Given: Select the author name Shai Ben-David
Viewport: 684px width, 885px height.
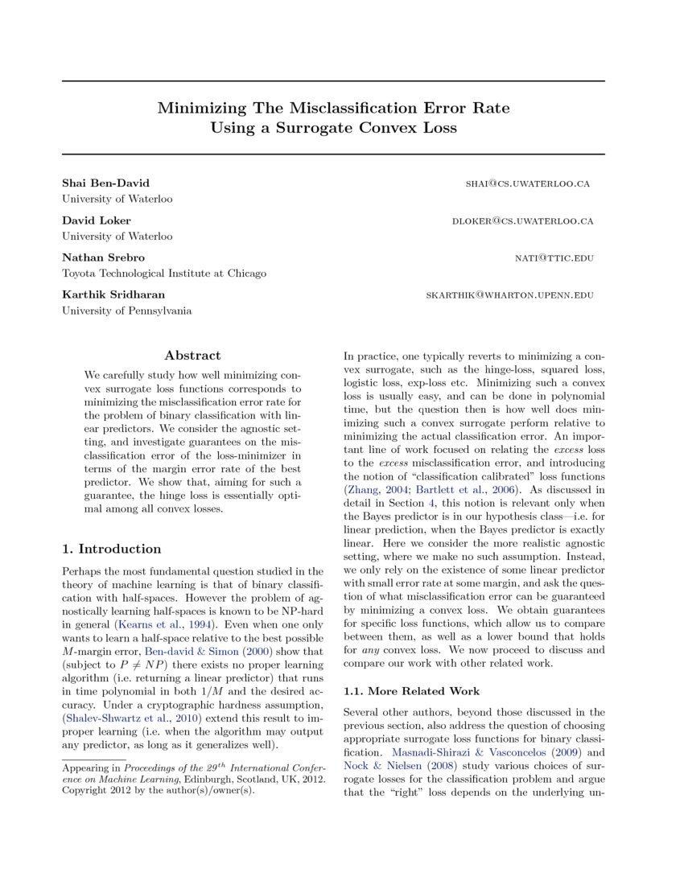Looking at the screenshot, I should coord(105,183).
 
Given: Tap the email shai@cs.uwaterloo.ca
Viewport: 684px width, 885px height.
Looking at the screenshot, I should coord(528,183).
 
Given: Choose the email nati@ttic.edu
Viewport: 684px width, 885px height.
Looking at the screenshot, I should coord(554,257).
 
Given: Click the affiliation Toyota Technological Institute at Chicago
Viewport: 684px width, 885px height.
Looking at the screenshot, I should coord(164,274).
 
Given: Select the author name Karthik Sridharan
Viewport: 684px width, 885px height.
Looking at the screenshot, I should coord(114,294).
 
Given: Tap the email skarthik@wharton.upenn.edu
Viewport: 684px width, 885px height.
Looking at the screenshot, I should coord(509,294).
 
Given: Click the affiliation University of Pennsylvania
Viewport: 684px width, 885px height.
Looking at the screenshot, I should coord(127,311).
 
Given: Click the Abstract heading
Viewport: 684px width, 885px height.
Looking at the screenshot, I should coord(192,355).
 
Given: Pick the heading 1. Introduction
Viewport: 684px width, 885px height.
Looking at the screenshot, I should coord(112,549).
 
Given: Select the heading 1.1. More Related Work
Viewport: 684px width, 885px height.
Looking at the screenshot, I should coord(411,691).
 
